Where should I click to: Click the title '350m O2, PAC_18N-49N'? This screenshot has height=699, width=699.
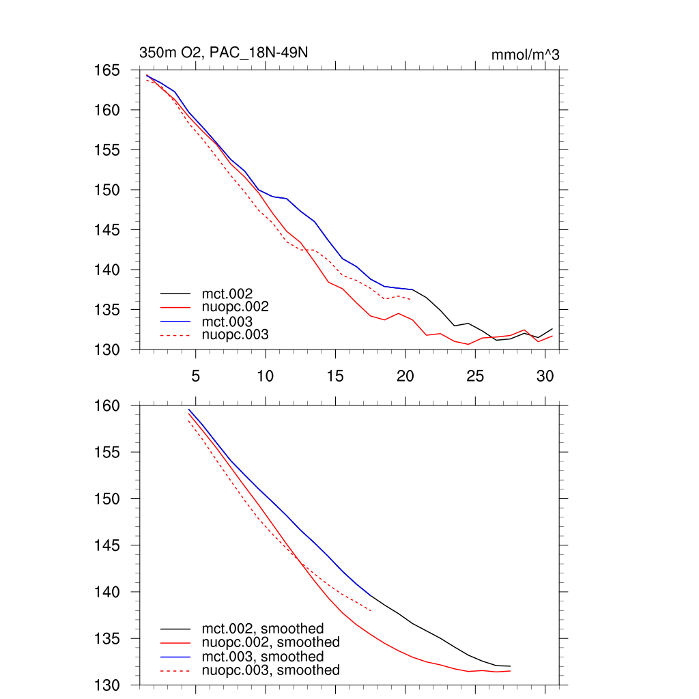[227, 53]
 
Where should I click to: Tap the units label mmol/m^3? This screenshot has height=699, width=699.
[525, 55]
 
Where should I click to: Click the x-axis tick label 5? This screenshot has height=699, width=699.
[195, 375]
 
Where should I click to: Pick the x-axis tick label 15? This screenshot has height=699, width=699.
[335, 375]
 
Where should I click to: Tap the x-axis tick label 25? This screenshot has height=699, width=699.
[475, 375]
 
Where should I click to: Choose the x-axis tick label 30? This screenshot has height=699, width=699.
[545, 375]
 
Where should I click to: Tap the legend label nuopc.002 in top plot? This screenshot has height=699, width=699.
[236, 307]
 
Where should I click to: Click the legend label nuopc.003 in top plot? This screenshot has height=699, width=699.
[236, 334]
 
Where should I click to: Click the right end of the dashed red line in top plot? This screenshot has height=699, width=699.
[410, 299]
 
